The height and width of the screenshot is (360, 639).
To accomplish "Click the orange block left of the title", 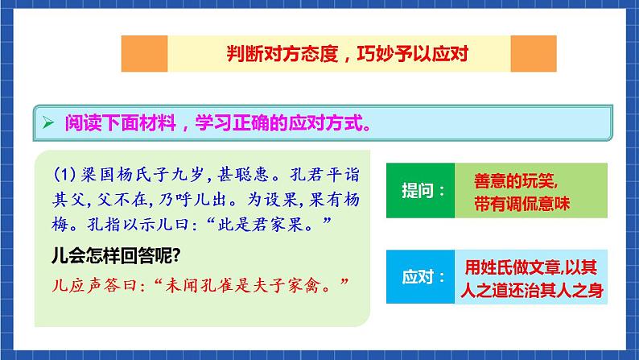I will [144, 54].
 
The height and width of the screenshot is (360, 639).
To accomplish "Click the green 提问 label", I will [419, 190].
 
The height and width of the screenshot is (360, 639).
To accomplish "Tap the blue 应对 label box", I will [419, 276].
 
